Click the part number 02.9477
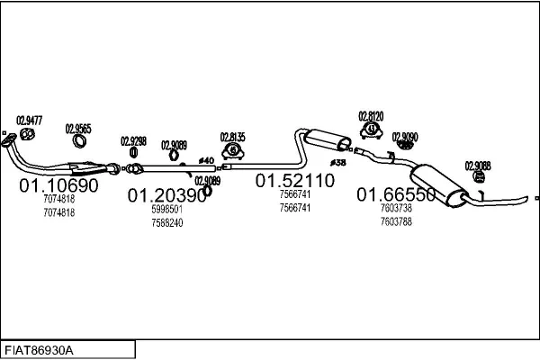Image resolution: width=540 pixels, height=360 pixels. (x=30, y=119)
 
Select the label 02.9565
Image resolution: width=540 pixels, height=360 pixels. (x=78, y=129)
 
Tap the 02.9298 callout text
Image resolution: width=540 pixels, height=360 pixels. (x=133, y=140)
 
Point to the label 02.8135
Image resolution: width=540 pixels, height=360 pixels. (x=233, y=137)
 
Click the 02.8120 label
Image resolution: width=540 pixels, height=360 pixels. (x=371, y=116)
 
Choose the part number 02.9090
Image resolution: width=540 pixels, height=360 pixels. (x=405, y=136)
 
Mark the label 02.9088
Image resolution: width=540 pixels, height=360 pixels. (x=478, y=165)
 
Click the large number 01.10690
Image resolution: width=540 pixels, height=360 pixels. (x=58, y=185)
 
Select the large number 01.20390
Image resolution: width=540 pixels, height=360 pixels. (x=166, y=194)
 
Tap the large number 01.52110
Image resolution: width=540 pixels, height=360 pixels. (x=294, y=181)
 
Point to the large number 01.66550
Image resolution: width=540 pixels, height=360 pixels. (x=396, y=194)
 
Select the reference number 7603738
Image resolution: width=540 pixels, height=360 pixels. (x=397, y=209)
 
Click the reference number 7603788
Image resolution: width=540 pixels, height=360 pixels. (x=397, y=221)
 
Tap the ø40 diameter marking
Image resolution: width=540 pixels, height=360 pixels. (x=206, y=161)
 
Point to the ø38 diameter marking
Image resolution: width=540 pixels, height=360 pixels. (x=338, y=162)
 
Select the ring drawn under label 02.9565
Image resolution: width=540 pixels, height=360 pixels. (x=80, y=144)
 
